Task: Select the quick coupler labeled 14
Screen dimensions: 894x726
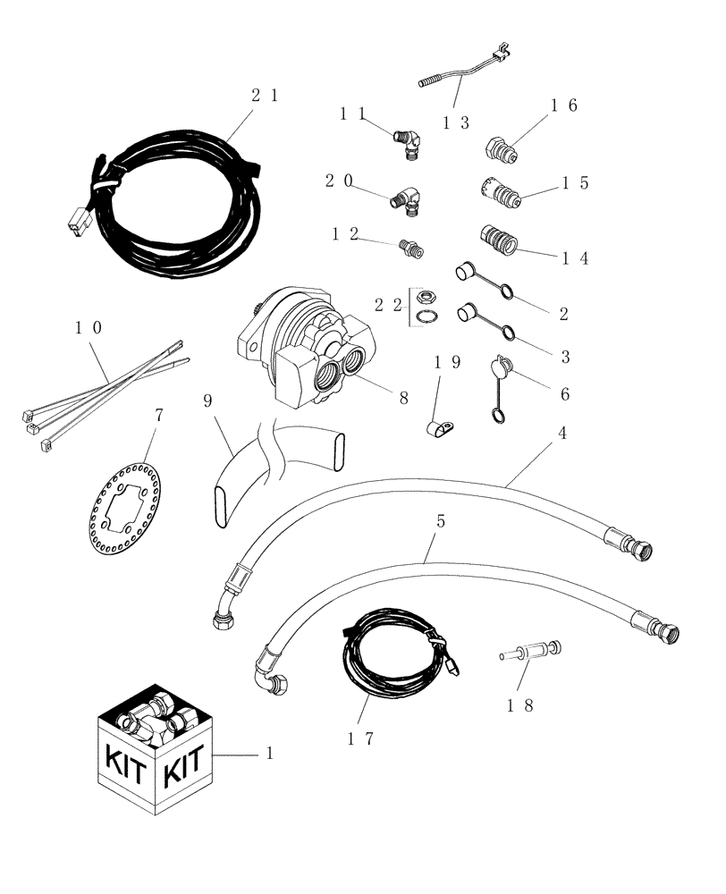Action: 499,239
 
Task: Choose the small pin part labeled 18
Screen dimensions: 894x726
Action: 540,648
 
